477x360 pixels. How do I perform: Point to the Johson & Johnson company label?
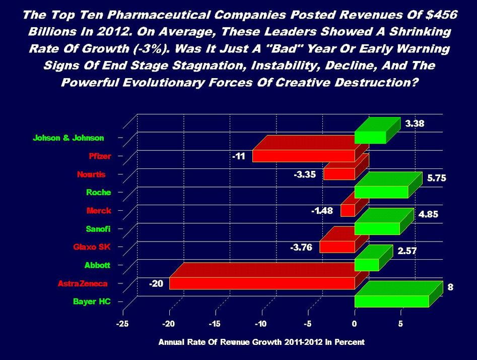click(x=69, y=138)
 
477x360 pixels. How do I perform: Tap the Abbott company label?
click(x=99, y=265)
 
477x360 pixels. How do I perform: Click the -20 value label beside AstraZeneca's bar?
click(x=156, y=284)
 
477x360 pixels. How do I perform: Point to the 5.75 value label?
click(x=436, y=178)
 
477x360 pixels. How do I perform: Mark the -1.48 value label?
click(x=322, y=210)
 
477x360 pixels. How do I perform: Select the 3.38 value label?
click(x=415, y=123)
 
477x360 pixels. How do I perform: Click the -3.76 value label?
click(x=301, y=247)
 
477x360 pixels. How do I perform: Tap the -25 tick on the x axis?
click(x=122, y=324)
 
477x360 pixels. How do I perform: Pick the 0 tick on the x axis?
click(x=355, y=324)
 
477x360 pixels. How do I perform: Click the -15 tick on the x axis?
click(x=215, y=324)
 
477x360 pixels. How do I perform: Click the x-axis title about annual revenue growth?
click(x=261, y=342)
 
